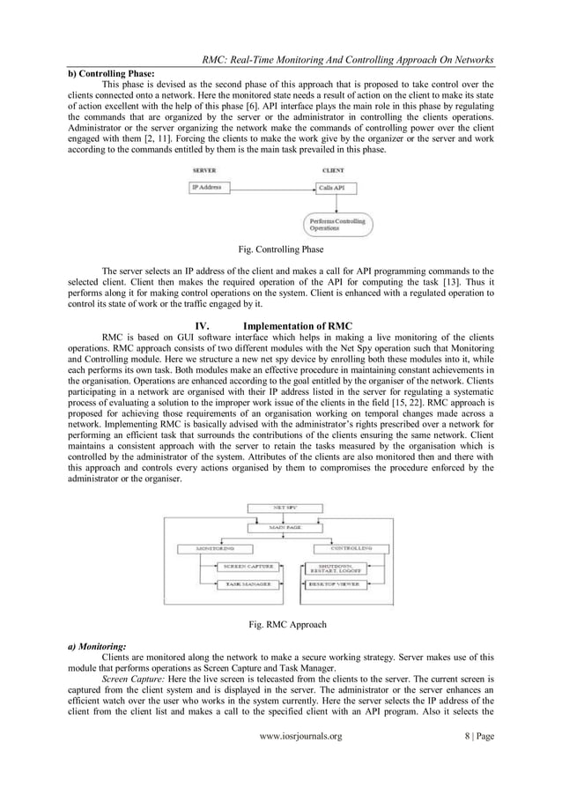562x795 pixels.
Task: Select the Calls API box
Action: pyautogui.click(x=336, y=188)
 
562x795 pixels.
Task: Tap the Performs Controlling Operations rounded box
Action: pyautogui.click(x=338, y=223)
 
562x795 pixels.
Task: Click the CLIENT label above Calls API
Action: pyautogui.click(x=333, y=170)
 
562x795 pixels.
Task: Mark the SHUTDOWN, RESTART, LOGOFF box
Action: pyautogui.click(x=345, y=568)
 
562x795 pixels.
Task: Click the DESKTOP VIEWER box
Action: pyautogui.click(x=345, y=583)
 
